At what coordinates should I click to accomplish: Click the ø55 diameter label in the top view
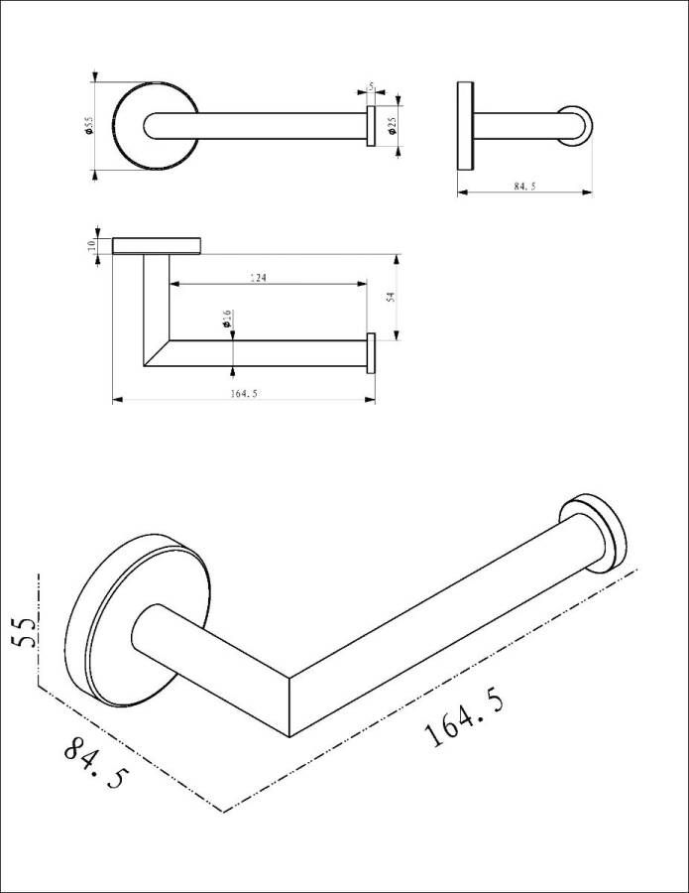(x=89, y=126)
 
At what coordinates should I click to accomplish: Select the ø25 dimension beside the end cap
(x=392, y=125)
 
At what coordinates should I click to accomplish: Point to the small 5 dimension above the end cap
(x=369, y=88)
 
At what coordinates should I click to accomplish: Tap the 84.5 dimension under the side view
(x=524, y=186)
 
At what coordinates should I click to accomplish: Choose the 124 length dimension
(x=260, y=279)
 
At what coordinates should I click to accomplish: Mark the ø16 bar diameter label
(x=227, y=319)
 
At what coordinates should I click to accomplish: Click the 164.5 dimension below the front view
(x=243, y=393)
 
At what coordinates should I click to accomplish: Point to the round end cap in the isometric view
(x=593, y=531)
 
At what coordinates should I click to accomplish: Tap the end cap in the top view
(x=371, y=127)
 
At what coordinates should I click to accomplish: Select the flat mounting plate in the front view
(x=158, y=246)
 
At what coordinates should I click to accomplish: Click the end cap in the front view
(x=372, y=353)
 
